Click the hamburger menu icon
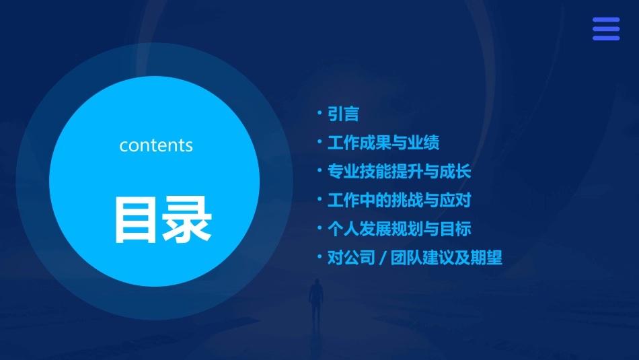(x=605, y=29)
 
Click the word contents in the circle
(x=156, y=145)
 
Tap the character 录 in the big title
(x=186, y=220)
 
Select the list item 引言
(x=343, y=114)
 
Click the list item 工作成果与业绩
(x=383, y=143)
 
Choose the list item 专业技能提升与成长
(x=399, y=172)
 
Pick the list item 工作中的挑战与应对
(x=399, y=201)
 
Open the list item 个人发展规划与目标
(x=399, y=229)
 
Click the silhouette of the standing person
(x=316, y=303)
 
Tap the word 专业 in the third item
(x=343, y=172)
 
